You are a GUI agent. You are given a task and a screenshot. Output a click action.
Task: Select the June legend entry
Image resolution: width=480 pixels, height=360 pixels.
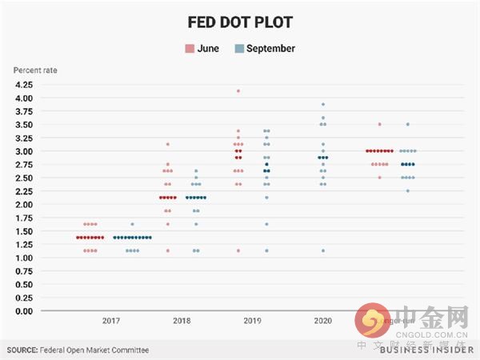click(x=202, y=49)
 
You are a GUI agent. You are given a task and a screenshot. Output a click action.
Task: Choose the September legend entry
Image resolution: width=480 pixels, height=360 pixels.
click(x=270, y=49)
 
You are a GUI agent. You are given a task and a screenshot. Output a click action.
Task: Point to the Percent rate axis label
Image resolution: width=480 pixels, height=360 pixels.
click(x=35, y=70)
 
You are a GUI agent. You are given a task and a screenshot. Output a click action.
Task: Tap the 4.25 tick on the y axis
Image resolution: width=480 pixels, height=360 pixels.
click(x=23, y=85)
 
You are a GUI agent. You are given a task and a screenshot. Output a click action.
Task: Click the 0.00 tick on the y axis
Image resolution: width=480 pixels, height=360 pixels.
click(x=23, y=310)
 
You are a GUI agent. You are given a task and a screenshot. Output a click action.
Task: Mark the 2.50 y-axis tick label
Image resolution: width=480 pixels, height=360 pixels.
click(x=23, y=178)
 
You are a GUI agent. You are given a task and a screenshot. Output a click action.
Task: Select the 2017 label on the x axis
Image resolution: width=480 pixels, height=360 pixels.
click(x=112, y=320)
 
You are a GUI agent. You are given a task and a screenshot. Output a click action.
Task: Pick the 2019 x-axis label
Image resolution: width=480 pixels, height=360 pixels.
click(x=252, y=320)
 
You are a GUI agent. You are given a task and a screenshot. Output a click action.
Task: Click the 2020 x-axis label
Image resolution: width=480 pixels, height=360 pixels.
click(x=322, y=320)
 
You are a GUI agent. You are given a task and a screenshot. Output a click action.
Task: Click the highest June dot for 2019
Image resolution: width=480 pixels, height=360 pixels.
click(x=238, y=91)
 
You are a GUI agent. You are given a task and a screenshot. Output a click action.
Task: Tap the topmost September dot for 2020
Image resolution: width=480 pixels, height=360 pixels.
click(x=322, y=104)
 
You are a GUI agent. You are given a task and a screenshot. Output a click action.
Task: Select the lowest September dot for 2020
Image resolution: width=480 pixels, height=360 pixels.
click(x=322, y=250)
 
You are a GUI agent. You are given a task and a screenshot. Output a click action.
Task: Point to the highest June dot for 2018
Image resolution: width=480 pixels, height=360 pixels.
click(x=167, y=144)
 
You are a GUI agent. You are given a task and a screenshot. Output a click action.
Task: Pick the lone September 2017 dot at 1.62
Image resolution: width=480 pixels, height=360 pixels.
click(x=132, y=224)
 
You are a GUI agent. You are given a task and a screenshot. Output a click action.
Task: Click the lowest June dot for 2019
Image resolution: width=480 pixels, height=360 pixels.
click(x=238, y=250)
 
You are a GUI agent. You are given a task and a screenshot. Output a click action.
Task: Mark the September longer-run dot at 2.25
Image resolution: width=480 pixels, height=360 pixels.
click(x=407, y=190)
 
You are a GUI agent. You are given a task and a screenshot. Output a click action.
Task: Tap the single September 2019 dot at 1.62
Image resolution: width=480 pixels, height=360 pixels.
click(x=266, y=224)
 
